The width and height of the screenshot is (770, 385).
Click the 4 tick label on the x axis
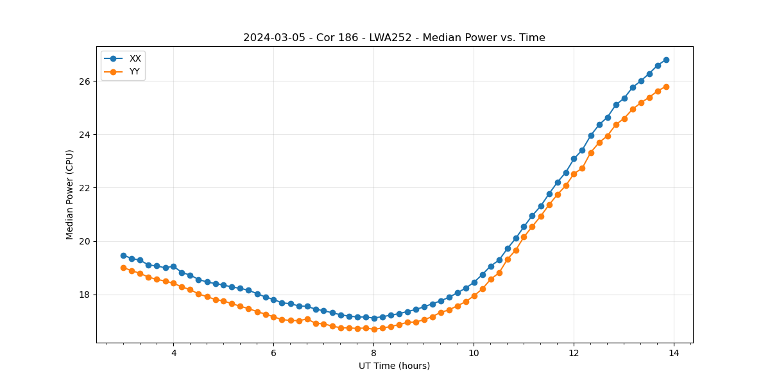(173, 353)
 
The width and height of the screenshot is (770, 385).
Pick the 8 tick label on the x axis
(373, 353)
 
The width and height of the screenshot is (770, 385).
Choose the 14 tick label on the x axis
(674, 353)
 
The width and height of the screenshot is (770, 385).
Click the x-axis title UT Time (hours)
(394, 366)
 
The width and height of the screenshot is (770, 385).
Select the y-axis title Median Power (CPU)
(70, 194)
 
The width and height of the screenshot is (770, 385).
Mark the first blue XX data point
(123, 255)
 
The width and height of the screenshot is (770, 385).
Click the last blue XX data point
(666, 60)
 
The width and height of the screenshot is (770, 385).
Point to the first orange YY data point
(123, 268)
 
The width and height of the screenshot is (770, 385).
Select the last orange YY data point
(666, 87)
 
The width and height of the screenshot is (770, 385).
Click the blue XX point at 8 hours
(374, 318)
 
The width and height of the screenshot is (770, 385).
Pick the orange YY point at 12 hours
(574, 174)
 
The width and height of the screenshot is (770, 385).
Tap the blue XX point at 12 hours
(574, 158)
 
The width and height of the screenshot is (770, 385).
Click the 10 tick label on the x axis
(474, 353)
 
